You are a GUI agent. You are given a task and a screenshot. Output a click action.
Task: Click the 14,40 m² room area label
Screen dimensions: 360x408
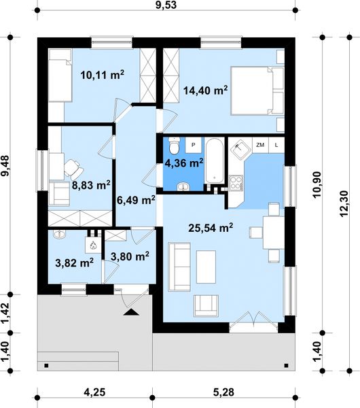pos(205,90)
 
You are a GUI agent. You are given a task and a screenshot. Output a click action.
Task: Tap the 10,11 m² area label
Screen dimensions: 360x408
pos(102,75)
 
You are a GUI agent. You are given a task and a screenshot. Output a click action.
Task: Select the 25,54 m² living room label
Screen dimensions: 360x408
pos(211,228)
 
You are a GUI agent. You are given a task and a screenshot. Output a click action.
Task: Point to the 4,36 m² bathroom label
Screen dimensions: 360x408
pos(184,163)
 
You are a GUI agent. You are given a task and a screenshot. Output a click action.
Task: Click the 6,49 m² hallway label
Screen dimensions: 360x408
pos(136,200)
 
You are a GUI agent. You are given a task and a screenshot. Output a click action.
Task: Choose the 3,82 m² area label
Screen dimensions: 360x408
pos(74,262)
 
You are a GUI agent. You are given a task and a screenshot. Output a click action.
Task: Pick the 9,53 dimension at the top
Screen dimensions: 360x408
pos(166,5)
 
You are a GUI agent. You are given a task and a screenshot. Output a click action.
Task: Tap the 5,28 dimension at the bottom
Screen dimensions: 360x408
pos(223,392)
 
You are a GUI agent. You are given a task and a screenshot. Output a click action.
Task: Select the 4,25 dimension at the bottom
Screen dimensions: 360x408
pos(95,392)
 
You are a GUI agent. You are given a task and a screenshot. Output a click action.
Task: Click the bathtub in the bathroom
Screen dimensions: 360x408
pos(215,160)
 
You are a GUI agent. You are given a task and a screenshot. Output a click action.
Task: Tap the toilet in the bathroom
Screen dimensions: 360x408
pos(174,146)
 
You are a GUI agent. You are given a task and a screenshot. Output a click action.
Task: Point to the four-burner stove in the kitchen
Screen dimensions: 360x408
pos(236,182)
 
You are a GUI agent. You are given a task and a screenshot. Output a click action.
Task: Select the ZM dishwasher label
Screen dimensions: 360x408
pos(260,145)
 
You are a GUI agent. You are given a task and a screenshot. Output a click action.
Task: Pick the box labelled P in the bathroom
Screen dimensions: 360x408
pos(194,145)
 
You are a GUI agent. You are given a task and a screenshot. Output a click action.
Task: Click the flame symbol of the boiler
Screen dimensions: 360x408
pos(93,245)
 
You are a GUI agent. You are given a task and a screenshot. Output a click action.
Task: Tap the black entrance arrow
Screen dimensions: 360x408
pos(131,312)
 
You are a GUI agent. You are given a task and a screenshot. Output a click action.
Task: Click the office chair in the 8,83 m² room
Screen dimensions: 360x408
pos(74,169)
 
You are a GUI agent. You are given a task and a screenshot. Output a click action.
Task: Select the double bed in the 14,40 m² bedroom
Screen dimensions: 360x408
pos(257,90)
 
